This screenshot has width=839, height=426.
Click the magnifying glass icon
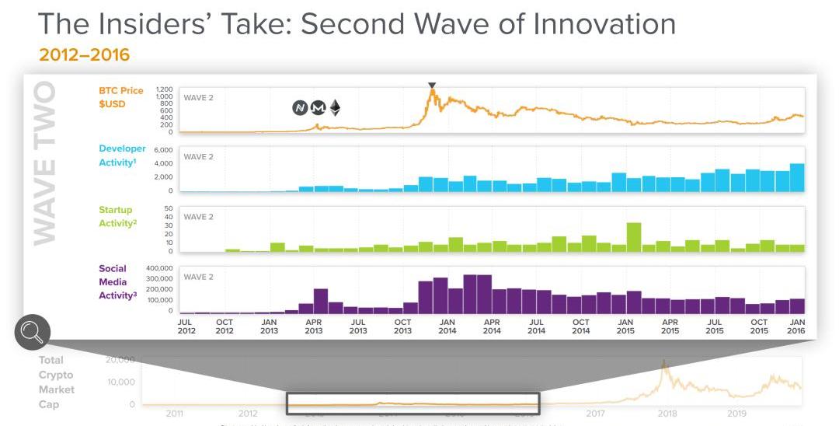click(x=32, y=332)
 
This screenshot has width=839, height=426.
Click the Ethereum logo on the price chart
click(x=335, y=107)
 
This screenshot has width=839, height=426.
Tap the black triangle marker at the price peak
click(x=432, y=86)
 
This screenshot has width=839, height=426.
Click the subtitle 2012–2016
click(x=83, y=56)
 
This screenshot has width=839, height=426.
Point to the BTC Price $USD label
click(x=120, y=97)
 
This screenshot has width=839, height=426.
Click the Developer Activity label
click(x=122, y=155)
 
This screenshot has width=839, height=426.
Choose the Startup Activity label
click(x=116, y=216)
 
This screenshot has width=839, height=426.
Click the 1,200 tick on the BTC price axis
click(x=164, y=89)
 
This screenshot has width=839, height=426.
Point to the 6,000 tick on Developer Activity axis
click(x=162, y=149)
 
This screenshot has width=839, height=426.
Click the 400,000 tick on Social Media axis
click(x=158, y=267)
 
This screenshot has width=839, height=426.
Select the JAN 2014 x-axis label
click(x=447, y=326)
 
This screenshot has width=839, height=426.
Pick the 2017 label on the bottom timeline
click(x=595, y=414)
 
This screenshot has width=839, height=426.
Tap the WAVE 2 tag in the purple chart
click(x=198, y=277)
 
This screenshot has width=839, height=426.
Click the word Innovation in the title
click(x=604, y=24)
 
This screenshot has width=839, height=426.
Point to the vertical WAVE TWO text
click(x=44, y=163)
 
